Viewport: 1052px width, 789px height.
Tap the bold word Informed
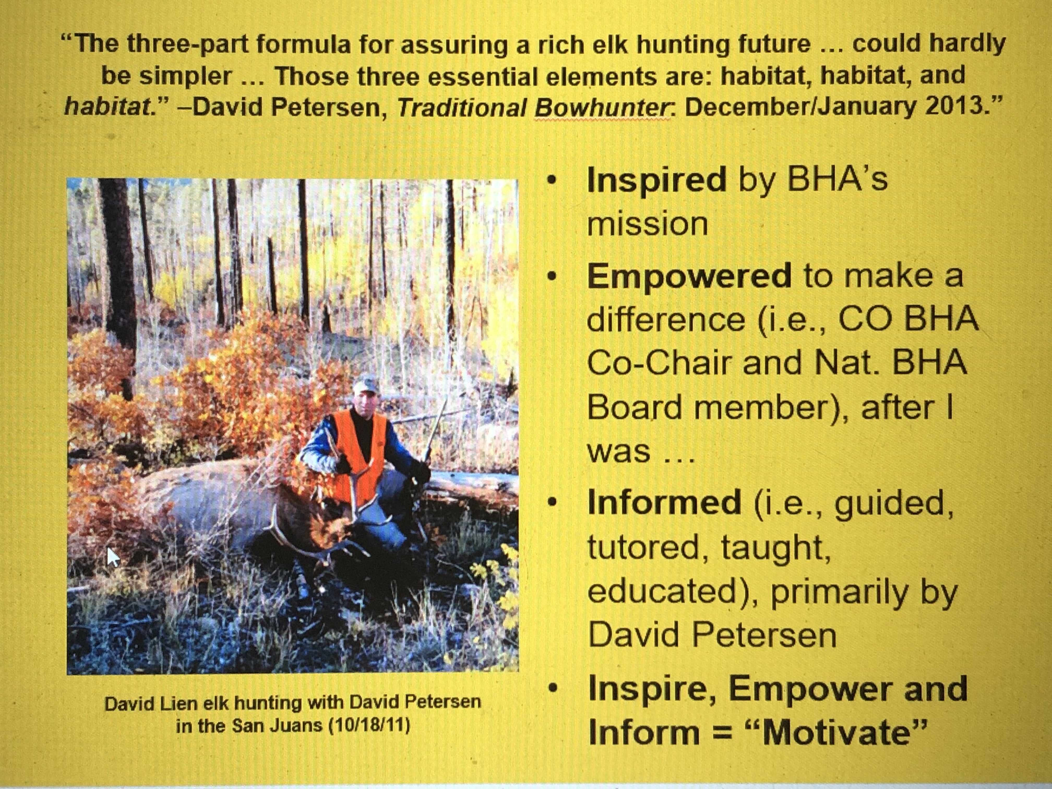664,502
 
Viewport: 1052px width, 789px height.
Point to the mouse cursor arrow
113,557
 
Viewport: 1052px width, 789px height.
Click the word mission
648,224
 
